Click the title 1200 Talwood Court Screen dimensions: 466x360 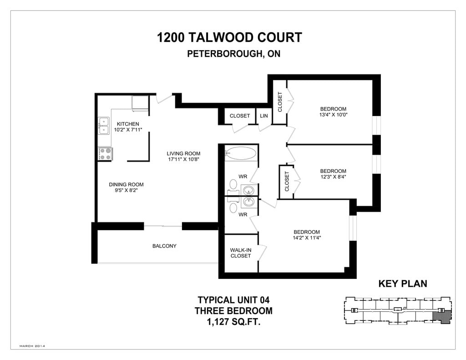click(229, 37)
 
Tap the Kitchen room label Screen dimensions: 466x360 click(128, 124)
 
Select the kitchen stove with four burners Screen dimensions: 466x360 click(105, 154)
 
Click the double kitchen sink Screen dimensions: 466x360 click(104, 126)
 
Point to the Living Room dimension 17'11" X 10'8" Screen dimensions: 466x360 click(183, 159)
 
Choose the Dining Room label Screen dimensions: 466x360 click(126, 185)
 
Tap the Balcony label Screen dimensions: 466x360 click(164, 246)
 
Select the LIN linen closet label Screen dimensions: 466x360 click(264, 116)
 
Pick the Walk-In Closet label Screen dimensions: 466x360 click(241, 253)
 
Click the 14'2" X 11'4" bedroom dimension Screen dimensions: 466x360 click(307, 238)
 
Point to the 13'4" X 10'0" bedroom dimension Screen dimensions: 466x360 click(333, 115)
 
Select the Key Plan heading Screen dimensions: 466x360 click(403, 284)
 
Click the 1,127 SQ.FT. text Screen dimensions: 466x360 click(233, 322)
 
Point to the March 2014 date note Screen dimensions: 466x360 click(32, 346)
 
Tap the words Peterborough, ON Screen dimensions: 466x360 click(233, 54)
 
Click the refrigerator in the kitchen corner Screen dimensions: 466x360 click(140, 103)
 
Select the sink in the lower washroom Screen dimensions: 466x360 click(249, 202)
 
